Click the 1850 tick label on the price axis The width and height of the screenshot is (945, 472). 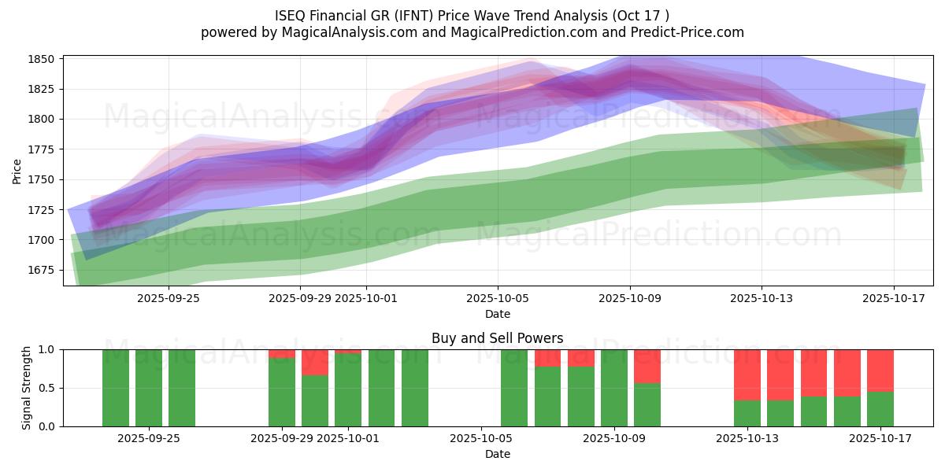[x=41, y=59]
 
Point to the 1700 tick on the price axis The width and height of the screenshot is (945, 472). [x=41, y=240]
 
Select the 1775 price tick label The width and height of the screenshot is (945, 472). [x=41, y=149]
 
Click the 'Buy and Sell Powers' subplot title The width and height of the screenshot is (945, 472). [x=497, y=338]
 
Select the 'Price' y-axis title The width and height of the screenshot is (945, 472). [x=17, y=171]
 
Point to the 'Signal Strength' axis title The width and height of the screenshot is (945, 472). [x=28, y=388]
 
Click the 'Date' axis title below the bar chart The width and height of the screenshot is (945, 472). [x=497, y=454]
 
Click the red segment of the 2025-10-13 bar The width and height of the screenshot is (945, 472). [x=747, y=374]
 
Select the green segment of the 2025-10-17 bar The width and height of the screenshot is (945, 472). [x=880, y=409]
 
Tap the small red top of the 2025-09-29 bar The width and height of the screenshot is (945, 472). [x=282, y=353]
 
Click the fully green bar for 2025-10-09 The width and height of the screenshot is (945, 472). [x=614, y=388]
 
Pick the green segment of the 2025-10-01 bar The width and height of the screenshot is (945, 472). [x=348, y=390]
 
